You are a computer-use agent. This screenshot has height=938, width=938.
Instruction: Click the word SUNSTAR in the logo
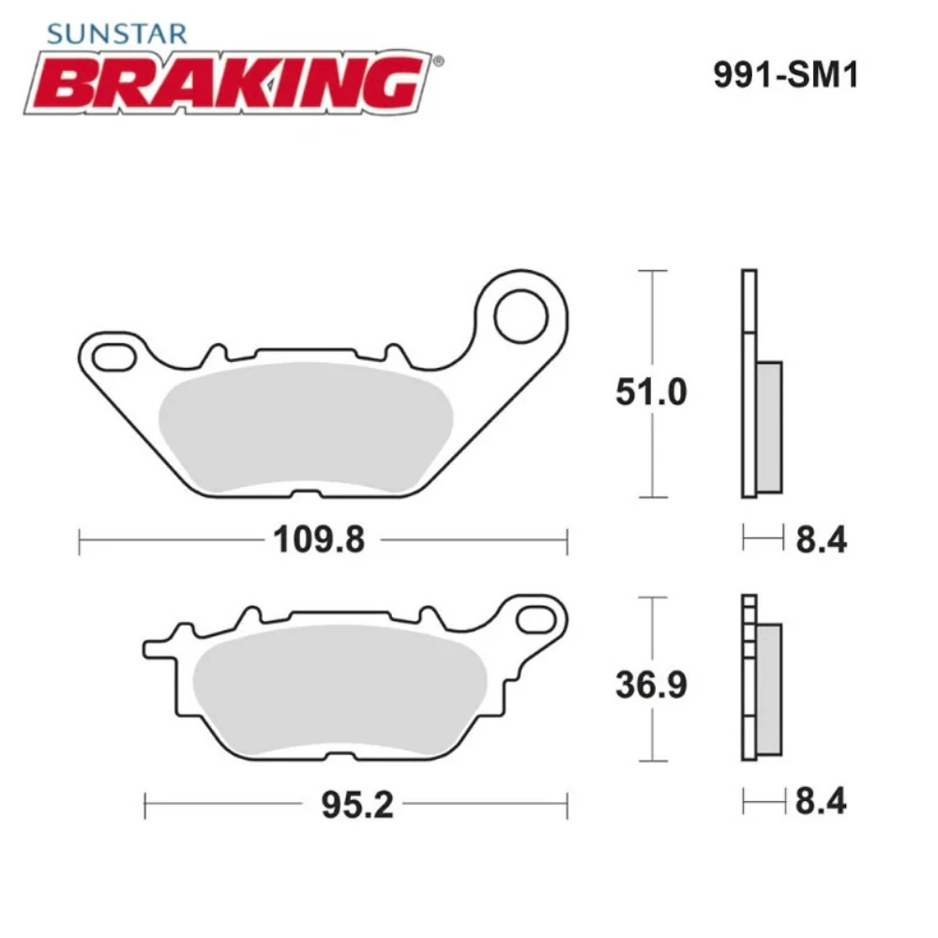pyautogui.click(x=116, y=35)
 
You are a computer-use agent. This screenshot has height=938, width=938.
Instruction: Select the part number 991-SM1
pyautogui.click(x=785, y=76)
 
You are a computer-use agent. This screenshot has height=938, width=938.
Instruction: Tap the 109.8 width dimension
pyautogui.click(x=318, y=540)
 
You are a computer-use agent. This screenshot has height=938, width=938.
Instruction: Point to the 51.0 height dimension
pyautogui.click(x=651, y=391)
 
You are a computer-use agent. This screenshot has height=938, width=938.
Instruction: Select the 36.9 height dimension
pyautogui.click(x=651, y=685)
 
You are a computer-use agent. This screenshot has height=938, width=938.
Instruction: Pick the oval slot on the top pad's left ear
pyautogui.click(x=113, y=356)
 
